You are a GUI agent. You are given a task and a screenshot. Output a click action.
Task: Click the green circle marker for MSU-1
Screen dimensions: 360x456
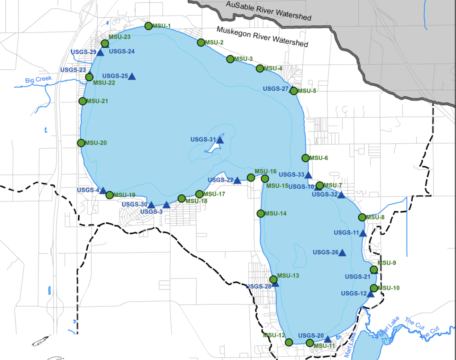point(148,26)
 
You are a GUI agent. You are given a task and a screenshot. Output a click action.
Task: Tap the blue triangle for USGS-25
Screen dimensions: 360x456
point(132,76)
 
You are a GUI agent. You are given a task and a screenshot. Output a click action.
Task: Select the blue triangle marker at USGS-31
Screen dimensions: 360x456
point(220,140)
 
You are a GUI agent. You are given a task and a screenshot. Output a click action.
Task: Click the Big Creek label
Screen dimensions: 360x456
point(38,79)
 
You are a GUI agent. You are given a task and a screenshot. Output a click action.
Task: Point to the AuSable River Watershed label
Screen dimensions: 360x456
point(269,10)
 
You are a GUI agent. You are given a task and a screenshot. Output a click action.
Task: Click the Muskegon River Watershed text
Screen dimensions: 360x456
point(262,37)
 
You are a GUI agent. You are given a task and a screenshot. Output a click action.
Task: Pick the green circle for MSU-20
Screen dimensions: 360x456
point(81,143)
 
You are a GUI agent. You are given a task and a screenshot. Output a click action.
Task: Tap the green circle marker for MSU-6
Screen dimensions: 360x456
point(305,158)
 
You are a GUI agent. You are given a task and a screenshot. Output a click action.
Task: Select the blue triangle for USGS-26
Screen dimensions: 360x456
point(342,253)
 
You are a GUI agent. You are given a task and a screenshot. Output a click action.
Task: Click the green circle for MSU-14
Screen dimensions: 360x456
point(261,214)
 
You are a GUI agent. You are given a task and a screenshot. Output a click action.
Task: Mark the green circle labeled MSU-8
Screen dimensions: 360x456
point(362,217)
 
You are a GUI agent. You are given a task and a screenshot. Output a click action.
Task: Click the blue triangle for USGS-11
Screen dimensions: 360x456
point(363,233)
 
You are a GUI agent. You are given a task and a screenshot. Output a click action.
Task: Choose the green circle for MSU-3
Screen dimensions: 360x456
point(230,59)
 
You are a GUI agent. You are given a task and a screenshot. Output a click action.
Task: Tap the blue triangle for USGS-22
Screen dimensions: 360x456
point(237,181)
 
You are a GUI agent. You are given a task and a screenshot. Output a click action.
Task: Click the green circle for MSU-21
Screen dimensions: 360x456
point(83,101)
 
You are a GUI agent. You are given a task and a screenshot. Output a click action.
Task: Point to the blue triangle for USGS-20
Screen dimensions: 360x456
point(327,339)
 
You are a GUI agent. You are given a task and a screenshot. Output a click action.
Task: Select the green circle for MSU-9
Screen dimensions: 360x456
point(374,269)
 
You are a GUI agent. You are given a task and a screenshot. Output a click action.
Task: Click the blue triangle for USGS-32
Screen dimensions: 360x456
point(341,195)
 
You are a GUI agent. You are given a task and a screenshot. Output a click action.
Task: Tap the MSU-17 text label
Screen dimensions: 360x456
point(214,194)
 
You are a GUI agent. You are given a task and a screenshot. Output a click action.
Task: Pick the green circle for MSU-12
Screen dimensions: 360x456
point(289,342)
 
